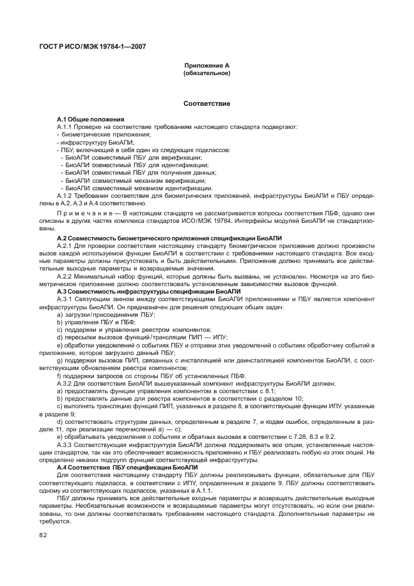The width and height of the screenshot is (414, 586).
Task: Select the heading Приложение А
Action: tap(206, 66)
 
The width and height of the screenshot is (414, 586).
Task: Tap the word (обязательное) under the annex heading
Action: tap(206, 73)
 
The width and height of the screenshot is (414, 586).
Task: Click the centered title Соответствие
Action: tap(206, 103)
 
